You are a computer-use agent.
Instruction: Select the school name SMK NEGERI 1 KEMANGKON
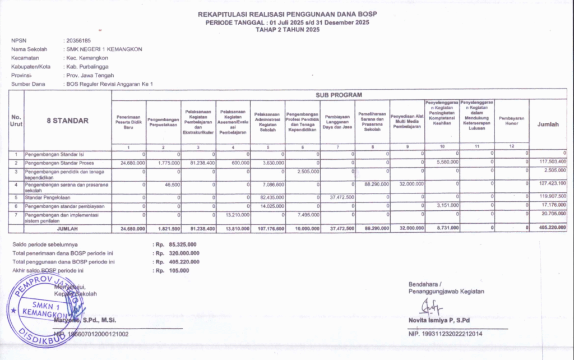[104, 49]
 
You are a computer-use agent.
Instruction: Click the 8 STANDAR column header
[67, 121]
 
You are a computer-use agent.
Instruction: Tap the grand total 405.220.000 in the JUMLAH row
[552, 228]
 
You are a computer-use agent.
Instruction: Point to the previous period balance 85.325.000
[180, 245]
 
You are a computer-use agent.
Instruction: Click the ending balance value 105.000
[179, 270]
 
